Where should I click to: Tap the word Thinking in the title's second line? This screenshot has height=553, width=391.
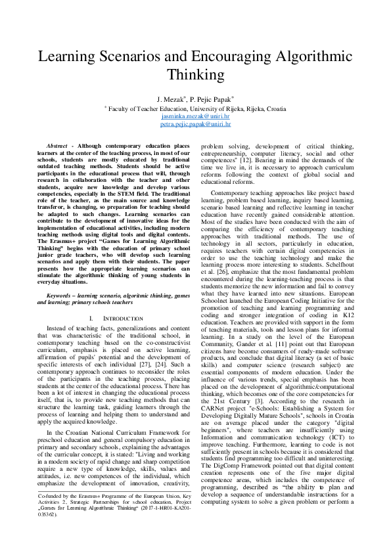pyautogui.click(x=195, y=74)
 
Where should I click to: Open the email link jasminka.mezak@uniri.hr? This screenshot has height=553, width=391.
pyautogui.click(x=195, y=116)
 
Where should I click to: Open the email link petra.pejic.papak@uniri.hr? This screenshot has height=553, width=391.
pyautogui.click(x=195, y=123)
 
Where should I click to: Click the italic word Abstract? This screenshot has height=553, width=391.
pyautogui.click(x=60, y=145)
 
